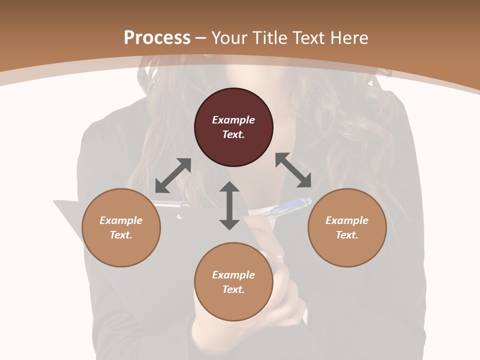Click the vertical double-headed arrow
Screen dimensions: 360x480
click(229, 205)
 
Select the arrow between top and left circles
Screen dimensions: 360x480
click(173, 175)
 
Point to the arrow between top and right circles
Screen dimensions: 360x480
click(293, 170)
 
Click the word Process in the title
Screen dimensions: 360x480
click(157, 37)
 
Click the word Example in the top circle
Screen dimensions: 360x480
click(233, 120)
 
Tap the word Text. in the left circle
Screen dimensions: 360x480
click(121, 235)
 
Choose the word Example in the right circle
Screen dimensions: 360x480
click(347, 220)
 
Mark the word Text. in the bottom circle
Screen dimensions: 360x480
click(233, 289)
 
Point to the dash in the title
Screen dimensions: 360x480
click(201, 38)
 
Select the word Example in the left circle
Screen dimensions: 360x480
click(121, 220)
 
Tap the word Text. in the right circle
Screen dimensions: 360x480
click(347, 235)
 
